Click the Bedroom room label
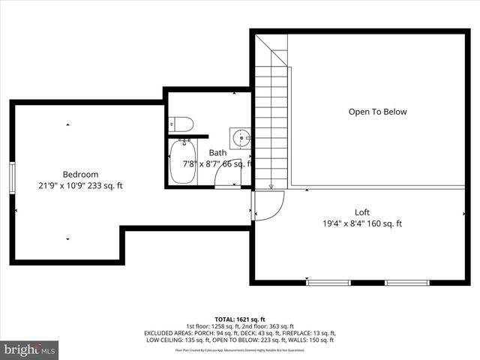coord(80,174)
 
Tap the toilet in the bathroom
coord(182,124)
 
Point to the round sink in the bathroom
coord(241,138)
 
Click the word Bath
coord(217,152)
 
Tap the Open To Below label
coord(377,112)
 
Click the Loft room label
coord(362,212)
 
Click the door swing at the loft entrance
coord(268,205)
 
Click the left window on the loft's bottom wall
coord(328,282)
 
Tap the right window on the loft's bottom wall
coord(406,282)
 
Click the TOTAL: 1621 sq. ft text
coord(239,319)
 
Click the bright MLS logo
coord(30,349)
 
